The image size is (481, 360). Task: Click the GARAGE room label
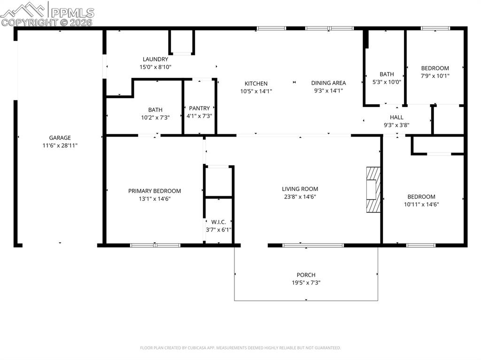click(x=60, y=138)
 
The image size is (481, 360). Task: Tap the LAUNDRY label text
click(x=155, y=59)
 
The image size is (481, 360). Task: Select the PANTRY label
click(x=199, y=108)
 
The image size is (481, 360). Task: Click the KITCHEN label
click(x=256, y=83)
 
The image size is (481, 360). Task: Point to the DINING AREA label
click(x=328, y=83)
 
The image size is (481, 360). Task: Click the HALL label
click(x=396, y=117)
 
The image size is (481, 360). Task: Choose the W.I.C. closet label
click(x=218, y=222)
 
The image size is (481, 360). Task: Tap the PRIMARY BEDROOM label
click(x=155, y=191)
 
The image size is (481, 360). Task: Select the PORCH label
click(x=306, y=275)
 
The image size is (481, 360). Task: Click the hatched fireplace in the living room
click(x=373, y=190)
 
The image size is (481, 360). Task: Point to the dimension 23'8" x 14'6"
click(x=300, y=197)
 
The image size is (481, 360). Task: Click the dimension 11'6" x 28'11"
click(x=60, y=146)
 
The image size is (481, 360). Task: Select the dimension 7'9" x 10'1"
click(x=434, y=76)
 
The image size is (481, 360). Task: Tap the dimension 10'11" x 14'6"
click(x=421, y=204)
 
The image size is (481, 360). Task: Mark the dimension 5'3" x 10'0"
click(x=387, y=82)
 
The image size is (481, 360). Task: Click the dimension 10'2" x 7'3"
click(x=155, y=117)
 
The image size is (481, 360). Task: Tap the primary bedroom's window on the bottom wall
click(x=155, y=245)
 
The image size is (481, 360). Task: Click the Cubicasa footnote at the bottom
click(x=240, y=348)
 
